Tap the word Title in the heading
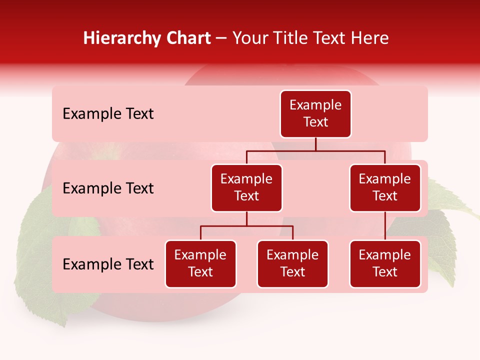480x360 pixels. [x=292, y=38]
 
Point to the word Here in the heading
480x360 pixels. [x=369, y=38]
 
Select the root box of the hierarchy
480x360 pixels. [x=315, y=114]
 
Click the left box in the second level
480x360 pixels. [x=246, y=188]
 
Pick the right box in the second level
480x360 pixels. [x=385, y=188]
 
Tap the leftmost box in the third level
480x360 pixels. [x=200, y=264]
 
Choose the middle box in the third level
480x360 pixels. [x=292, y=264]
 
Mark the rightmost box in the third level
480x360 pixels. [x=385, y=264]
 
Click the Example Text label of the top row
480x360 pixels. [x=108, y=114]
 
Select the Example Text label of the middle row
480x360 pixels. [x=108, y=188]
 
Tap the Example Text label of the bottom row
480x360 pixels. [x=108, y=264]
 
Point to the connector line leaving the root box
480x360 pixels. [x=315, y=144]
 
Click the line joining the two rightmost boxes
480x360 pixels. [x=385, y=226]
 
